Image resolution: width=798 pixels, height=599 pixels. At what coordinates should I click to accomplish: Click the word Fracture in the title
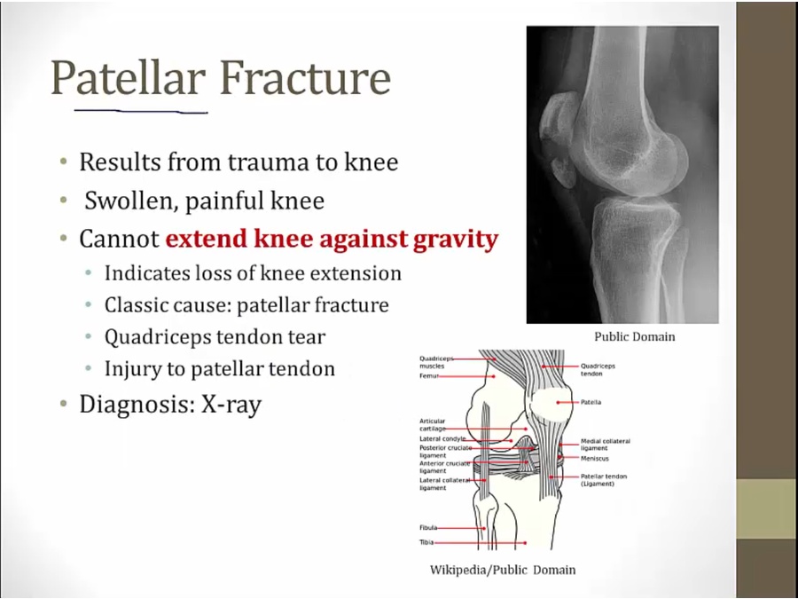[x=305, y=78]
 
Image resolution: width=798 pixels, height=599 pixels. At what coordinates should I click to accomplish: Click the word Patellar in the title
[x=129, y=78]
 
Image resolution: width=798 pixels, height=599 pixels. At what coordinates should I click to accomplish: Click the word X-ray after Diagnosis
[x=231, y=405]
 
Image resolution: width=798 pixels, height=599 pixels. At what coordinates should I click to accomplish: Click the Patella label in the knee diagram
[x=591, y=402]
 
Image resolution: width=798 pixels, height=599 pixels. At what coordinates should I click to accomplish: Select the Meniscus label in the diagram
[x=595, y=459]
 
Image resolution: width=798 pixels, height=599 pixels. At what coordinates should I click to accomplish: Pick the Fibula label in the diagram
[x=428, y=528]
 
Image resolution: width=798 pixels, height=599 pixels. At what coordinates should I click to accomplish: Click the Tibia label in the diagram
[x=426, y=542]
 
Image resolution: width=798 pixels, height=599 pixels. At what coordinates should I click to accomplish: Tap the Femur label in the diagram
[x=428, y=376]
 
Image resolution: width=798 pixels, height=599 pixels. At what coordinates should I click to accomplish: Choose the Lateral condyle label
[x=442, y=438]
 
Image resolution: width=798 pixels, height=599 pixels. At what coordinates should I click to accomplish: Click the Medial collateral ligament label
[x=606, y=445]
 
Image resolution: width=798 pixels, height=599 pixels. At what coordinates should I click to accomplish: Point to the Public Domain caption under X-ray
[x=635, y=336]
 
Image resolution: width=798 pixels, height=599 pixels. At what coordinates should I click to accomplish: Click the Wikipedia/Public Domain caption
[x=503, y=570]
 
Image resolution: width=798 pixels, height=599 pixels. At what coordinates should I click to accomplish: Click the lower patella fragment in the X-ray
[x=563, y=171]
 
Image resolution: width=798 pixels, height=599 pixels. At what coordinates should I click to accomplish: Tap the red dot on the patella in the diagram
[x=558, y=402]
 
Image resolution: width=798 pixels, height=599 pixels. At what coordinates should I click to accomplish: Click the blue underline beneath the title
[x=141, y=111]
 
